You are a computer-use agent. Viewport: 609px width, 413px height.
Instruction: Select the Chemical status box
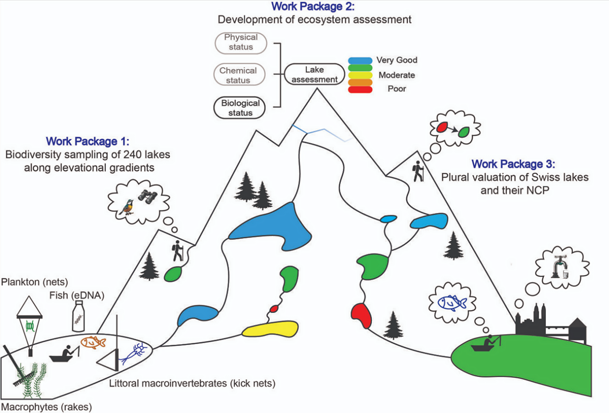click(238, 75)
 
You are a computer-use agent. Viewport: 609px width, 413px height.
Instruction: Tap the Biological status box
click(241, 108)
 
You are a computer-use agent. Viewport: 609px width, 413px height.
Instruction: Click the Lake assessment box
click(314, 75)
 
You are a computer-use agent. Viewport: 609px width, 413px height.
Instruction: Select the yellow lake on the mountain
click(268, 329)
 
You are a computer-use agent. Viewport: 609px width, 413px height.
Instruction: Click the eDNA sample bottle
click(78, 317)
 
